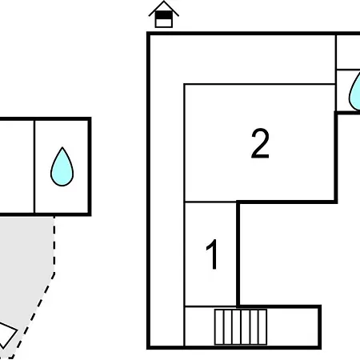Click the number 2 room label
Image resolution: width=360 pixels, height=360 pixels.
click(260, 144)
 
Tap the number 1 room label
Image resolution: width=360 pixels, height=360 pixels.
click(213, 254)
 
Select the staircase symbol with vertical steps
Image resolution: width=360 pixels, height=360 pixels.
click(241, 327)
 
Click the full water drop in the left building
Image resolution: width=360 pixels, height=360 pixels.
click(62, 167)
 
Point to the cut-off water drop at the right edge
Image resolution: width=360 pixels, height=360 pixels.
click(355, 92)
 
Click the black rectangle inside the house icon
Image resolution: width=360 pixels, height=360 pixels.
click(163, 15)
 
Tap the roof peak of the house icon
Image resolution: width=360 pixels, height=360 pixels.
click(164, 2)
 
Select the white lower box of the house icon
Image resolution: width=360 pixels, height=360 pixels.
click(163, 23)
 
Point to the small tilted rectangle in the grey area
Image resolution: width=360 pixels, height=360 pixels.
click(6, 334)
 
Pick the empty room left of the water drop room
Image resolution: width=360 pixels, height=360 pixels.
click(17, 166)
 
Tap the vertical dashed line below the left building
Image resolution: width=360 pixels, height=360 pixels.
click(54, 244)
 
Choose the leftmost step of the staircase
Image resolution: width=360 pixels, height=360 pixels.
click(219, 327)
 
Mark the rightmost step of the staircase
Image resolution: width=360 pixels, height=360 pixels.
click(262, 327)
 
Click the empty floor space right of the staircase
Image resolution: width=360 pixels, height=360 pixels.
click(293, 327)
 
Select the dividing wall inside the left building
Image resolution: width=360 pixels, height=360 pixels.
click(34, 166)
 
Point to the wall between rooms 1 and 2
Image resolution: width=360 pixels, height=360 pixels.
click(210, 202)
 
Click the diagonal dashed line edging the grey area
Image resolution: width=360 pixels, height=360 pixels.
click(34, 314)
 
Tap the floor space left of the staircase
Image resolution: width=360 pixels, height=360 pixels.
click(200, 327)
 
